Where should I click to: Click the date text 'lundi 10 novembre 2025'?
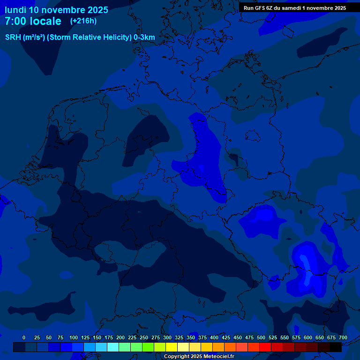(x=56, y=10)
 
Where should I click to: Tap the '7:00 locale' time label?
(x=33, y=21)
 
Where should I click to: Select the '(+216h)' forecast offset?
(x=83, y=21)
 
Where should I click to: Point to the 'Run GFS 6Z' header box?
(x=295, y=8)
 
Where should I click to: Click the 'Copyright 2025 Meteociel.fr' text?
(x=199, y=357)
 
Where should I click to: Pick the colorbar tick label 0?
(x=24, y=338)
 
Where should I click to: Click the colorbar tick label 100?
(x=74, y=338)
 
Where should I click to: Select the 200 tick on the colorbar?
(x=120, y=338)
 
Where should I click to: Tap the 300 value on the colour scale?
(x=167, y=338)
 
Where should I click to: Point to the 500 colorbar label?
(x=261, y=338)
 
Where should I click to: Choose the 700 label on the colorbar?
(x=343, y=338)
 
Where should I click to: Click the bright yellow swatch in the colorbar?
(x=172, y=347)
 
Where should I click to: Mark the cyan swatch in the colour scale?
(x=113, y=347)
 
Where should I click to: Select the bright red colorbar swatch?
(x=265, y=347)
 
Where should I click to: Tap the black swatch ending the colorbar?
(x=336, y=347)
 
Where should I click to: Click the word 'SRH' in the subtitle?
(x=14, y=37)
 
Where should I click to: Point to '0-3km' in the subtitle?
(x=144, y=37)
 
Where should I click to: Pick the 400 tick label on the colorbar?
(x=214, y=338)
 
